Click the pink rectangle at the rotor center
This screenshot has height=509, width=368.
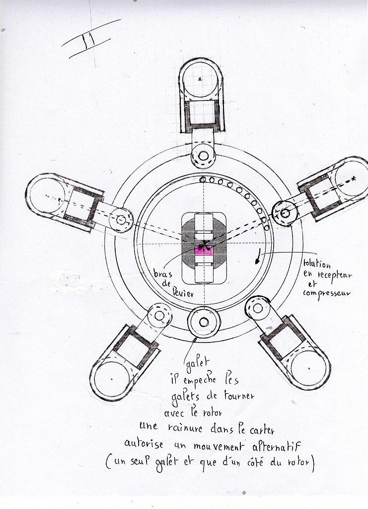pos(204,251)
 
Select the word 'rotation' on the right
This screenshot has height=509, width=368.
pos(316,263)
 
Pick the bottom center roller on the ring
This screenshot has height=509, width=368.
pos(204,322)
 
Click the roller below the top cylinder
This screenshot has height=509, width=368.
pos(203,156)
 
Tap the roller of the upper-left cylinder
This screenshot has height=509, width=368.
pos(121,219)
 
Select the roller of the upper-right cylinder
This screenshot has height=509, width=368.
pos(285,213)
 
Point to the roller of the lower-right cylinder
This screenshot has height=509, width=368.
pos(258,309)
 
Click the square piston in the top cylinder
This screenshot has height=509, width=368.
pos(202,113)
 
